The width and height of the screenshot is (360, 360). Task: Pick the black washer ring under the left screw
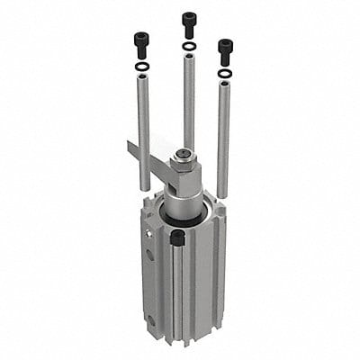(141, 67)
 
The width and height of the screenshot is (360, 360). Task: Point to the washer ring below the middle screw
(189, 46)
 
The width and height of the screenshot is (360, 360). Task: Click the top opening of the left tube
(142, 79)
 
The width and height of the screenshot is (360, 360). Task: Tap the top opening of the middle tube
(189, 57)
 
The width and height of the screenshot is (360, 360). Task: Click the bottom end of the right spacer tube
(222, 193)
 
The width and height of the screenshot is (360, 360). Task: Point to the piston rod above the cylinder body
(184, 202)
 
